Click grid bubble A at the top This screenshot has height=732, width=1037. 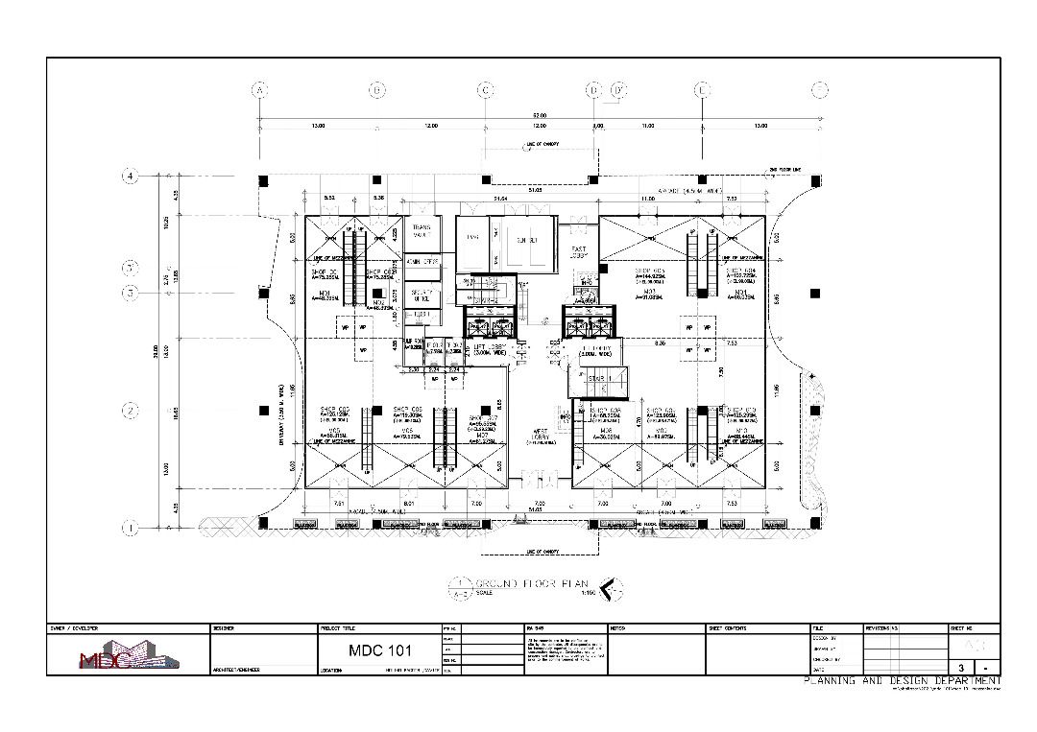258,90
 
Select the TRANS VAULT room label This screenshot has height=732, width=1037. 421,230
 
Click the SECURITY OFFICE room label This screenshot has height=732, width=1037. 421,295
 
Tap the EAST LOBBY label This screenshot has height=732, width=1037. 579,252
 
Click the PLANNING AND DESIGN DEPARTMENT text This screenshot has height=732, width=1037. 903,680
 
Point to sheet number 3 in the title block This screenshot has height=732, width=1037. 961,667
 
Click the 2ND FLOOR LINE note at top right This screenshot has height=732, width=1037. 784,171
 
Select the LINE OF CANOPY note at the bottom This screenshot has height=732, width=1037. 543,552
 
